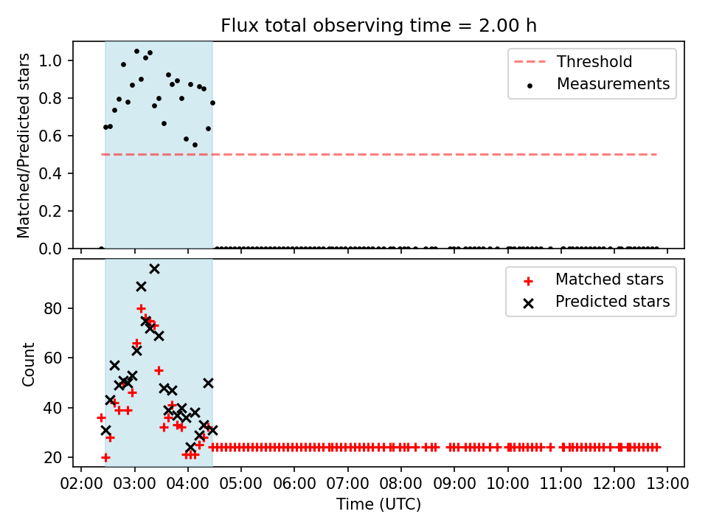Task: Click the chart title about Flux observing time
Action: pyautogui.click(x=378, y=25)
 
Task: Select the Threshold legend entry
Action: pyautogui.click(x=573, y=62)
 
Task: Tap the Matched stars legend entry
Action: pyautogui.click(x=593, y=280)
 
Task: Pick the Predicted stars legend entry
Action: pyautogui.click(x=596, y=302)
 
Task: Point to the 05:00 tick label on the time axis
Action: pyautogui.click(x=240, y=484)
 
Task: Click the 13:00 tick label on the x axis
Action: pyautogui.click(x=667, y=484)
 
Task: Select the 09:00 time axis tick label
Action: pyautogui.click(x=454, y=484)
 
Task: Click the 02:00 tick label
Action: pyautogui.click(x=81, y=484)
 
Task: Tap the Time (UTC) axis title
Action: pyautogui.click(x=378, y=504)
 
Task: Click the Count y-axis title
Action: pyautogui.click(x=28, y=364)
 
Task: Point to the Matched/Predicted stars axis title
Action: pyautogui.click(x=23, y=145)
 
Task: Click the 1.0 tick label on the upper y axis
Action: pyautogui.click(x=50, y=60)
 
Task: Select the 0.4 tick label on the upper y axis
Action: pyautogui.click(x=50, y=173)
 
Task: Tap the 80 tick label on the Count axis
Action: pyautogui.click(x=52, y=309)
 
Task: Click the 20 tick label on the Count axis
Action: pyautogui.click(x=52, y=458)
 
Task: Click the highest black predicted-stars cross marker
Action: pyautogui.click(x=154, y=269)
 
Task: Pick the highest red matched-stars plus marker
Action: pyautogui.click(x=141, y=309)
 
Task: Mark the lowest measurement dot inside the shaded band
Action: pyautogui.click(x=195, y=145)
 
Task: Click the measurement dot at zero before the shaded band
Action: pyautogui.click(x=101, y=248)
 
